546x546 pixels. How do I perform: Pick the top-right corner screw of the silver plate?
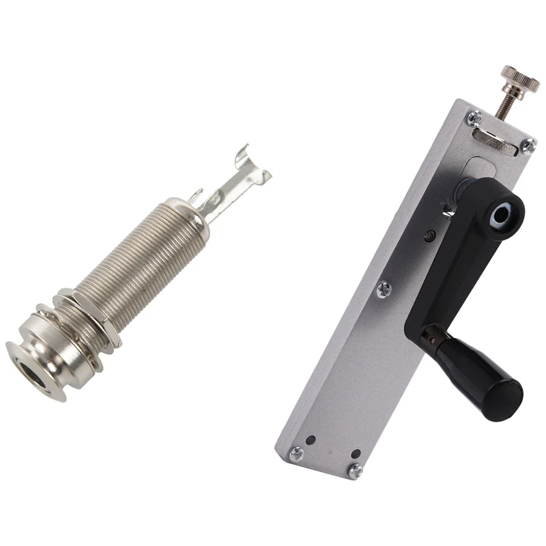click(528, 145)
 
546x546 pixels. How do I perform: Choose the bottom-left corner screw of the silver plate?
click(296, 453)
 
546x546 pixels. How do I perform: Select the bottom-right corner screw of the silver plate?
click(355, 470)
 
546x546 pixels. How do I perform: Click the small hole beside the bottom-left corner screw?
click(310, 440)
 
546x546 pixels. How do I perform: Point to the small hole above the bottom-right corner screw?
click(356, 452)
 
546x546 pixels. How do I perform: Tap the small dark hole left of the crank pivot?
click(429, 235)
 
